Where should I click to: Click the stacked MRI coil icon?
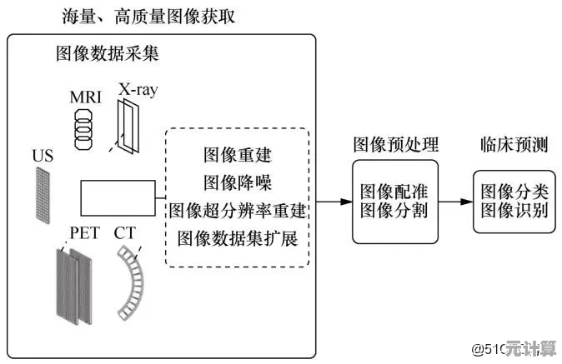86,129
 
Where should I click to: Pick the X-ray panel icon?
129,125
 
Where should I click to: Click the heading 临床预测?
514,144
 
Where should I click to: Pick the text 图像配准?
394,191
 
